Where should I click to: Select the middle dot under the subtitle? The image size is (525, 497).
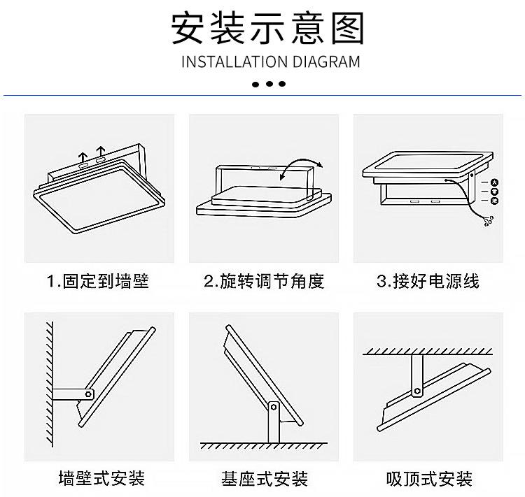pos(269,84)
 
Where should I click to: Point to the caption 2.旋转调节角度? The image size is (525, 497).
pos(264,282)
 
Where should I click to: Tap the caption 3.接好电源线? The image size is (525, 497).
pos(428,282)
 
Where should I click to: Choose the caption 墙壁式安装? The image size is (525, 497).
pos(101,479)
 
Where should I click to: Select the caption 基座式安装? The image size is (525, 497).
pos(265,479)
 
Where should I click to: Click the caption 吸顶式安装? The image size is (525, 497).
pos(429,479)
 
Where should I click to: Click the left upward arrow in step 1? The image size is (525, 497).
pos(83,155)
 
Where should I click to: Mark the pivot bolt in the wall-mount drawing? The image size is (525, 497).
pos(89,395)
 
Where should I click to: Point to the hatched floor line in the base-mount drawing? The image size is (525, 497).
pos(264,445)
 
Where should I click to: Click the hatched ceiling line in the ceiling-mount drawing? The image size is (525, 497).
pos(428,351)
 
